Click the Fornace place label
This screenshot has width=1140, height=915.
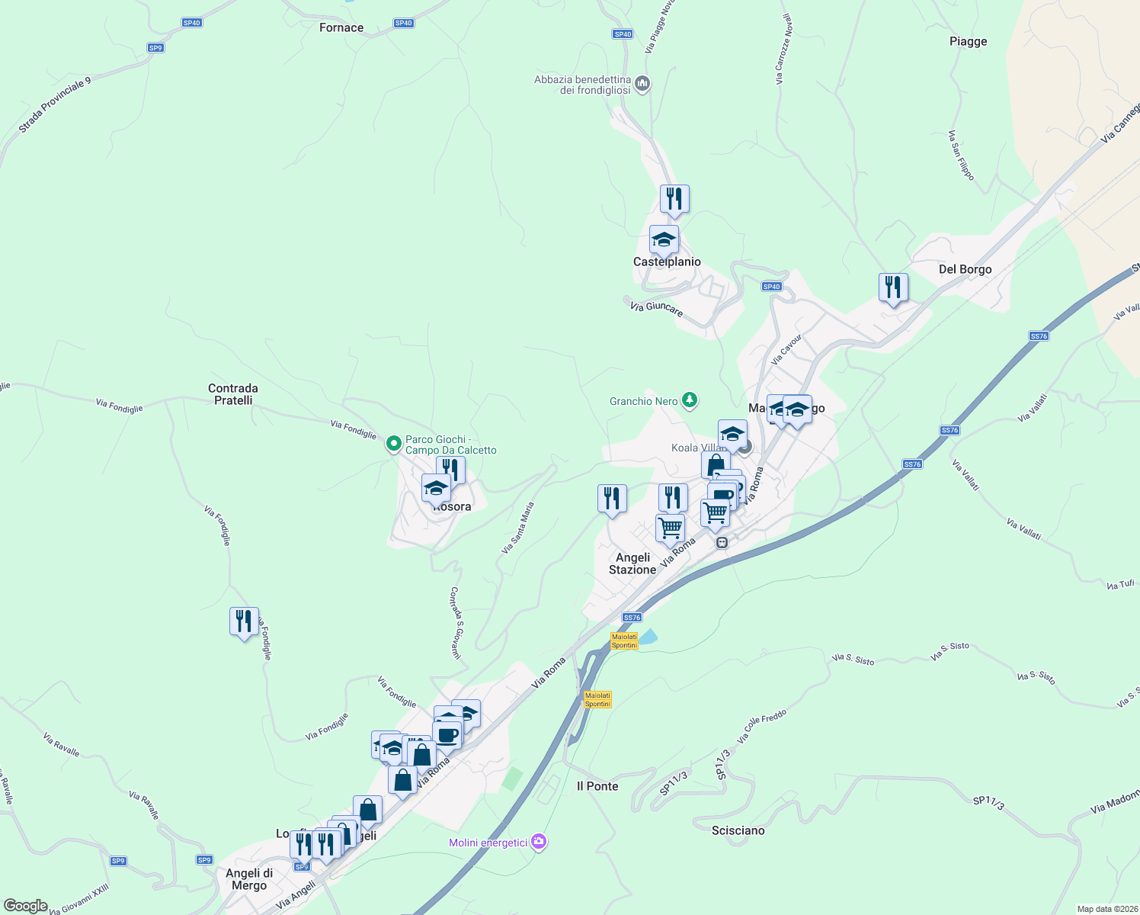tap(341, 28)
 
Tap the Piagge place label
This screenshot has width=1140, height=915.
tap(968, 42)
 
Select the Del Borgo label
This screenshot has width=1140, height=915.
tap(965, 270)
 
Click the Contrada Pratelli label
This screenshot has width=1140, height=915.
tap(233, 394)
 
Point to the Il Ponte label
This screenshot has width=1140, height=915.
tap(597, 786)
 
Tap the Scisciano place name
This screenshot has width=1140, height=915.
tap(738, 830)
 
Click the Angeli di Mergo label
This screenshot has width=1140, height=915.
tap(249, 879)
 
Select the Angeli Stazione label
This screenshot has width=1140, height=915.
tap(632, 563)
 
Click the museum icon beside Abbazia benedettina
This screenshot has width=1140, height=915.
tap(642, 83)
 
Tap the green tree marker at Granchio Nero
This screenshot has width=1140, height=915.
tap(689, 400)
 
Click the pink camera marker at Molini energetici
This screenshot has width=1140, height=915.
tap(539, 842)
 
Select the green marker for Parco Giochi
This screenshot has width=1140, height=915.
tap(394, 443)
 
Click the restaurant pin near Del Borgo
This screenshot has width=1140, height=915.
tap(893, 287)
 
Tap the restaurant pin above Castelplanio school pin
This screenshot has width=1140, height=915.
tap(674, 199)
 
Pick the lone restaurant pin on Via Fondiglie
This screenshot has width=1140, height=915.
tap(244, 621)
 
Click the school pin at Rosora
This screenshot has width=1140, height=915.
tap(437, 487)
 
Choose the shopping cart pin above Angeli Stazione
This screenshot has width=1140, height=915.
tap(670, 528)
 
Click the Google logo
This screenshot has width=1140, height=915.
tap(25, 906)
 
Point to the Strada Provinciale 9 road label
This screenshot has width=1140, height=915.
tap(54, 105)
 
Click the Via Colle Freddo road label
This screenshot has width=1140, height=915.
tap(761, 727)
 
